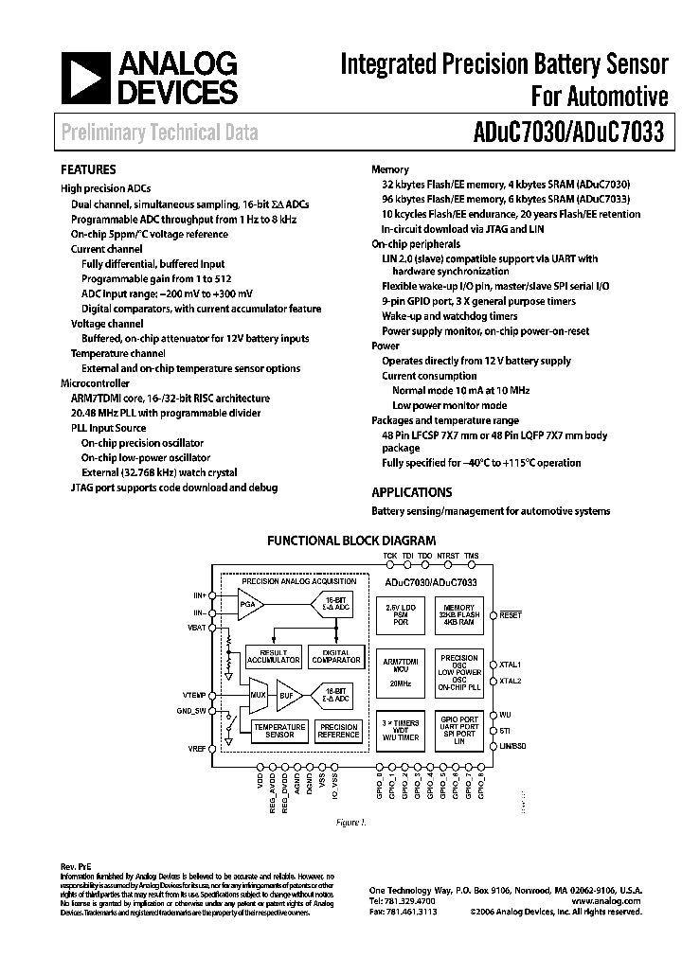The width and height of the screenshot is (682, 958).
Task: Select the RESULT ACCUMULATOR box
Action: point(272,657)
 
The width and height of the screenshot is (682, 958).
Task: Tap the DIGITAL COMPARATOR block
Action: point(335,657)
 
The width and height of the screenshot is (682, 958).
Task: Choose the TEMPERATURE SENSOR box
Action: point(278,731)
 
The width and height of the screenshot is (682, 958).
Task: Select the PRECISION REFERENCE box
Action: point(338,731)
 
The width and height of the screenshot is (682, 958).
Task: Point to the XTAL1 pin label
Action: point(511,665)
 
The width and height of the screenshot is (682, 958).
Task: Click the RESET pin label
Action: point(511,615)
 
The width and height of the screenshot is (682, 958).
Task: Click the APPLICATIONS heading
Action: point(411,492)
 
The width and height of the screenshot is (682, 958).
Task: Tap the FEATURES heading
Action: point(88,169)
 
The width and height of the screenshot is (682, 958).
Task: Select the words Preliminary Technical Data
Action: point(159,133)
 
